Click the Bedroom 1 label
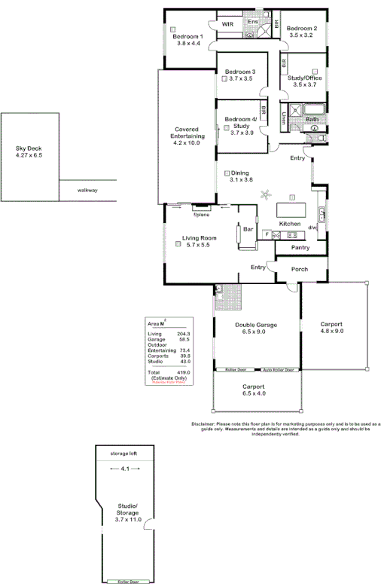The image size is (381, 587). point(187,36)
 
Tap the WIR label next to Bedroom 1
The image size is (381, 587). point(227,25)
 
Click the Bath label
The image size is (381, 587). point(312,119)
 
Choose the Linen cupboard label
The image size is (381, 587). point(284,118)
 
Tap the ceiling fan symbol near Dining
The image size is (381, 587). point(264,195)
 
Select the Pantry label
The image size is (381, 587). point(299,247)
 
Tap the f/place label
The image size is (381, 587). point(201,215)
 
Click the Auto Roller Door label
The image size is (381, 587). point(279,370)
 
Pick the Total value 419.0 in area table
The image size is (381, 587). point(184,372)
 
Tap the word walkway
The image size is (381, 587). point(87,191)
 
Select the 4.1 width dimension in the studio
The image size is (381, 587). point(125,468)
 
